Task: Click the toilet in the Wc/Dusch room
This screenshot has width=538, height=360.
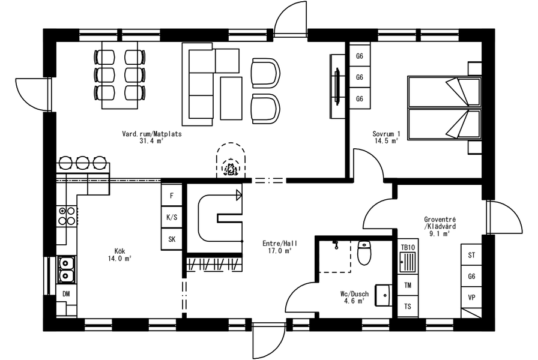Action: (x=364, y=253)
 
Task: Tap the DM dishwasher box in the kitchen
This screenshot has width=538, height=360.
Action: (x=66, y=293)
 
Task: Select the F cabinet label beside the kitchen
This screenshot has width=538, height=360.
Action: (x=172, y=196)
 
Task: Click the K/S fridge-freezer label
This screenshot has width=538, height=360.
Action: (x=172, y=217)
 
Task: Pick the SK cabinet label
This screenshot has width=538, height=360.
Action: (x=172, y=239)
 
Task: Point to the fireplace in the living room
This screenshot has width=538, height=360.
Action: (x=231, y=160)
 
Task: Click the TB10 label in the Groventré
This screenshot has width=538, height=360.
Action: (x=408, y=247)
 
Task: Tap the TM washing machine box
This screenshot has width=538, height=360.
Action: (x=408, y=285)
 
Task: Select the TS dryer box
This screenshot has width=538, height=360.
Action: (x=408, y=307)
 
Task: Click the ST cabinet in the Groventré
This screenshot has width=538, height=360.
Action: (x=471, y=255)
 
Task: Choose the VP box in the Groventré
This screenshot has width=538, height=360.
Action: (x=471, y=298)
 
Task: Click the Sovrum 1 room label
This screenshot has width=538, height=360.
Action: (x=386, y=134)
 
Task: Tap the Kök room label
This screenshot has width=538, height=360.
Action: (x=119, y=251)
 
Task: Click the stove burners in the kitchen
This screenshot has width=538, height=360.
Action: (x=67, y=215)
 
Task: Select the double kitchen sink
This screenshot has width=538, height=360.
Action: (x=67, y=269)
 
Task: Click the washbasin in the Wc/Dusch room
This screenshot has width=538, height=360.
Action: (x=383, y=295)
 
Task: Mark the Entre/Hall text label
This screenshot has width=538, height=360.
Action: (x=280, y=244)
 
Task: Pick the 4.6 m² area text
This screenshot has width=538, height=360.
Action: (x=354, y=301)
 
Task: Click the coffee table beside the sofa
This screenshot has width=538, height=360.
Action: (x=231, y=98)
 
